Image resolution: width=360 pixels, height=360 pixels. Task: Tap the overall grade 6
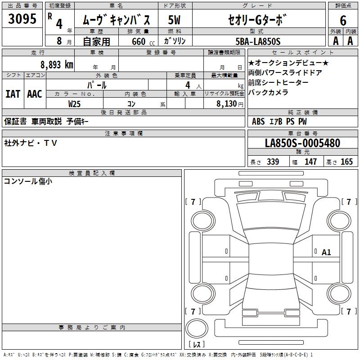click(343, 20)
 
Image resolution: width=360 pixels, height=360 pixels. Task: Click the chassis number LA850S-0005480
click(302, 144)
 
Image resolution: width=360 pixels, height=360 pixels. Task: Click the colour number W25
click(74, 103)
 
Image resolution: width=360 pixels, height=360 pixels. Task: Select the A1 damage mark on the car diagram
click(326, 252)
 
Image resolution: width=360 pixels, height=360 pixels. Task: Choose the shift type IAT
click(13, 94)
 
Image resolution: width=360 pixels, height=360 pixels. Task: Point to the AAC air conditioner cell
click(34, 94)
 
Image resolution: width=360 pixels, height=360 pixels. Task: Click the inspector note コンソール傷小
click(27, 182)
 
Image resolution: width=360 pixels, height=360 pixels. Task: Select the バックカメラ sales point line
click(268, 93)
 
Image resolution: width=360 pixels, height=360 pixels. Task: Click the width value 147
click(310, 162)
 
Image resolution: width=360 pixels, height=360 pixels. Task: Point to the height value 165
click(346, 162)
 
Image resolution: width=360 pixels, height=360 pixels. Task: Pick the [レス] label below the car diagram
click(198, 345)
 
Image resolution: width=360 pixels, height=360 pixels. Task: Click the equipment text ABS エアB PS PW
click(279, 121)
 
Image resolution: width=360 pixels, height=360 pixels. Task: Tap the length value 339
click(273, 162)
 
